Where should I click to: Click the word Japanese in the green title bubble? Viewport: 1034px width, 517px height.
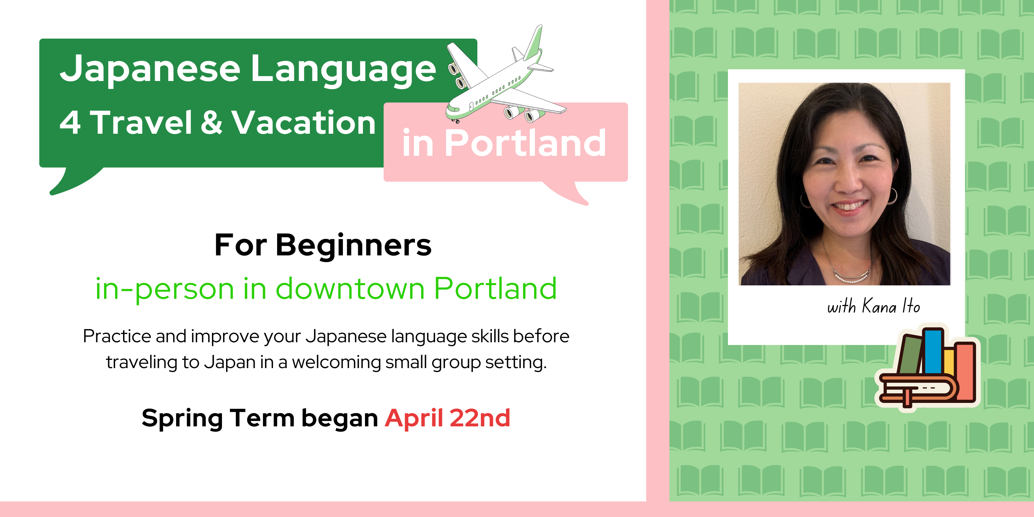[x=150, y=69]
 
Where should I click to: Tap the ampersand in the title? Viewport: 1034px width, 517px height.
[x=212, y=122]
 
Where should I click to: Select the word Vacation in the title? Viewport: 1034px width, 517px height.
[x=303, y=122]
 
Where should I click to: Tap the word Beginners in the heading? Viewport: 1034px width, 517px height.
[x=354, y=245]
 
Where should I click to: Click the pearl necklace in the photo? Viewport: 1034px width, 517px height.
[x=849, y=277]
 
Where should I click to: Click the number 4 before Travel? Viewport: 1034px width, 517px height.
[x=70, y=122]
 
